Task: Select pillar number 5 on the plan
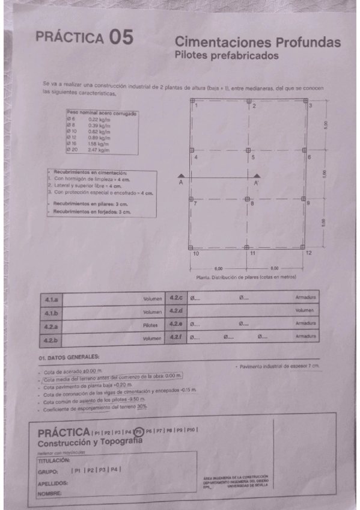click(253, 157)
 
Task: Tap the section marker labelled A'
click(255, 182)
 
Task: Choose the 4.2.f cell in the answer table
click(176, 339)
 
